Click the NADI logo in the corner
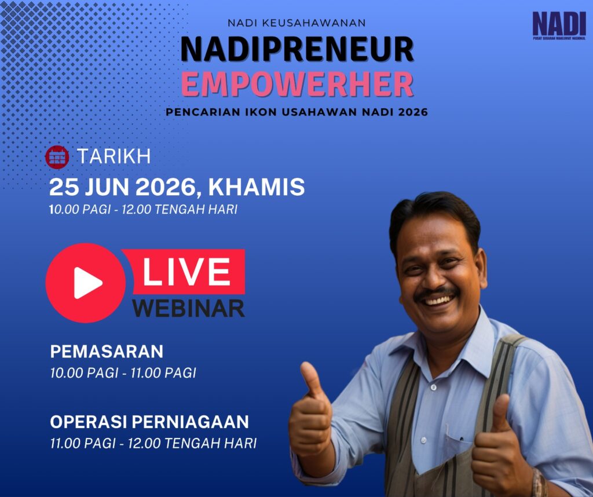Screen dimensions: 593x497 (559, 25)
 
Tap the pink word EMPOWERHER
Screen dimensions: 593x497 (297, 84)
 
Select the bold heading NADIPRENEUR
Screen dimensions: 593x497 (297, 49)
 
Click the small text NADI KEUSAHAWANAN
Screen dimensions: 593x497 (297, 23)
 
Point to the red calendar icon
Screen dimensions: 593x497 (57, 157)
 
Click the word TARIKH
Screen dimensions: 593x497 (114, 156)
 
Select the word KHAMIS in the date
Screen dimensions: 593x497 (257, 187)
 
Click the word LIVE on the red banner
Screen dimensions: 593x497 (186, 272)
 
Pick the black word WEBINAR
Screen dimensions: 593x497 (188, 308)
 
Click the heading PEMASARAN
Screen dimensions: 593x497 (107, 352)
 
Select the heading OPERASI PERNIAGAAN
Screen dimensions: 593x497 (149, 422)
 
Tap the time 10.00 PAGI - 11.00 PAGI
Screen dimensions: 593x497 (123, 373)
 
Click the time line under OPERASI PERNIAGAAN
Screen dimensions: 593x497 (153, 443)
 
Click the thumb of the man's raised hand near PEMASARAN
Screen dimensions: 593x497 (310, 379)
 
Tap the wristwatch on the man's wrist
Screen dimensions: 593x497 (538, 483)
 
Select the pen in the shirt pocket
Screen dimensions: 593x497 (460, 440)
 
